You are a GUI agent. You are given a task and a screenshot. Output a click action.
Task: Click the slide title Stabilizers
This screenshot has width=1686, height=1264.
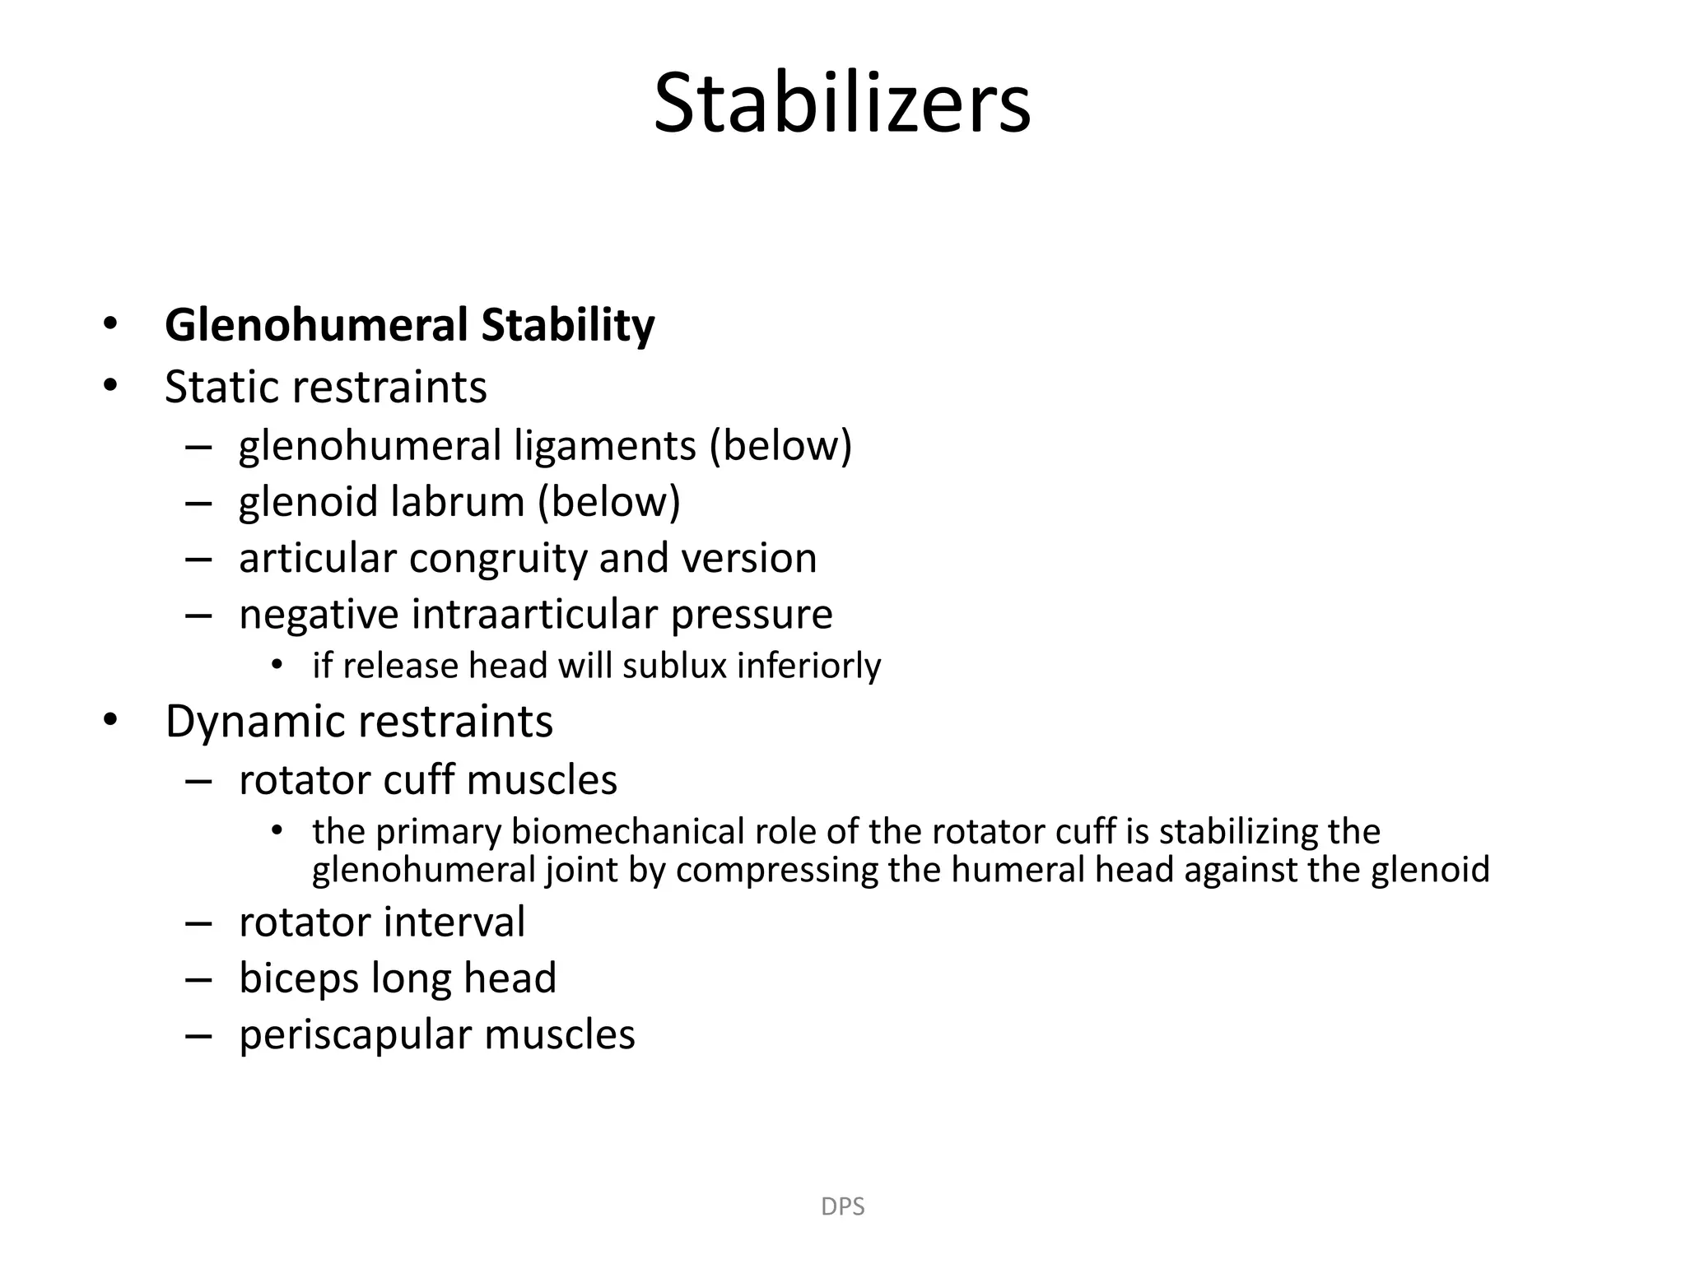pos(841,105)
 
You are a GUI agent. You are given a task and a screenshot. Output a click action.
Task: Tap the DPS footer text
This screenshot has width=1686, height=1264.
pos(842,1206)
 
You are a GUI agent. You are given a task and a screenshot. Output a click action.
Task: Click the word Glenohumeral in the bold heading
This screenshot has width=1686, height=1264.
pos(315,325)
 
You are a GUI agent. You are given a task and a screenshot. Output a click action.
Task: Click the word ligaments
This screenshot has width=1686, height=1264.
pos(604,447)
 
